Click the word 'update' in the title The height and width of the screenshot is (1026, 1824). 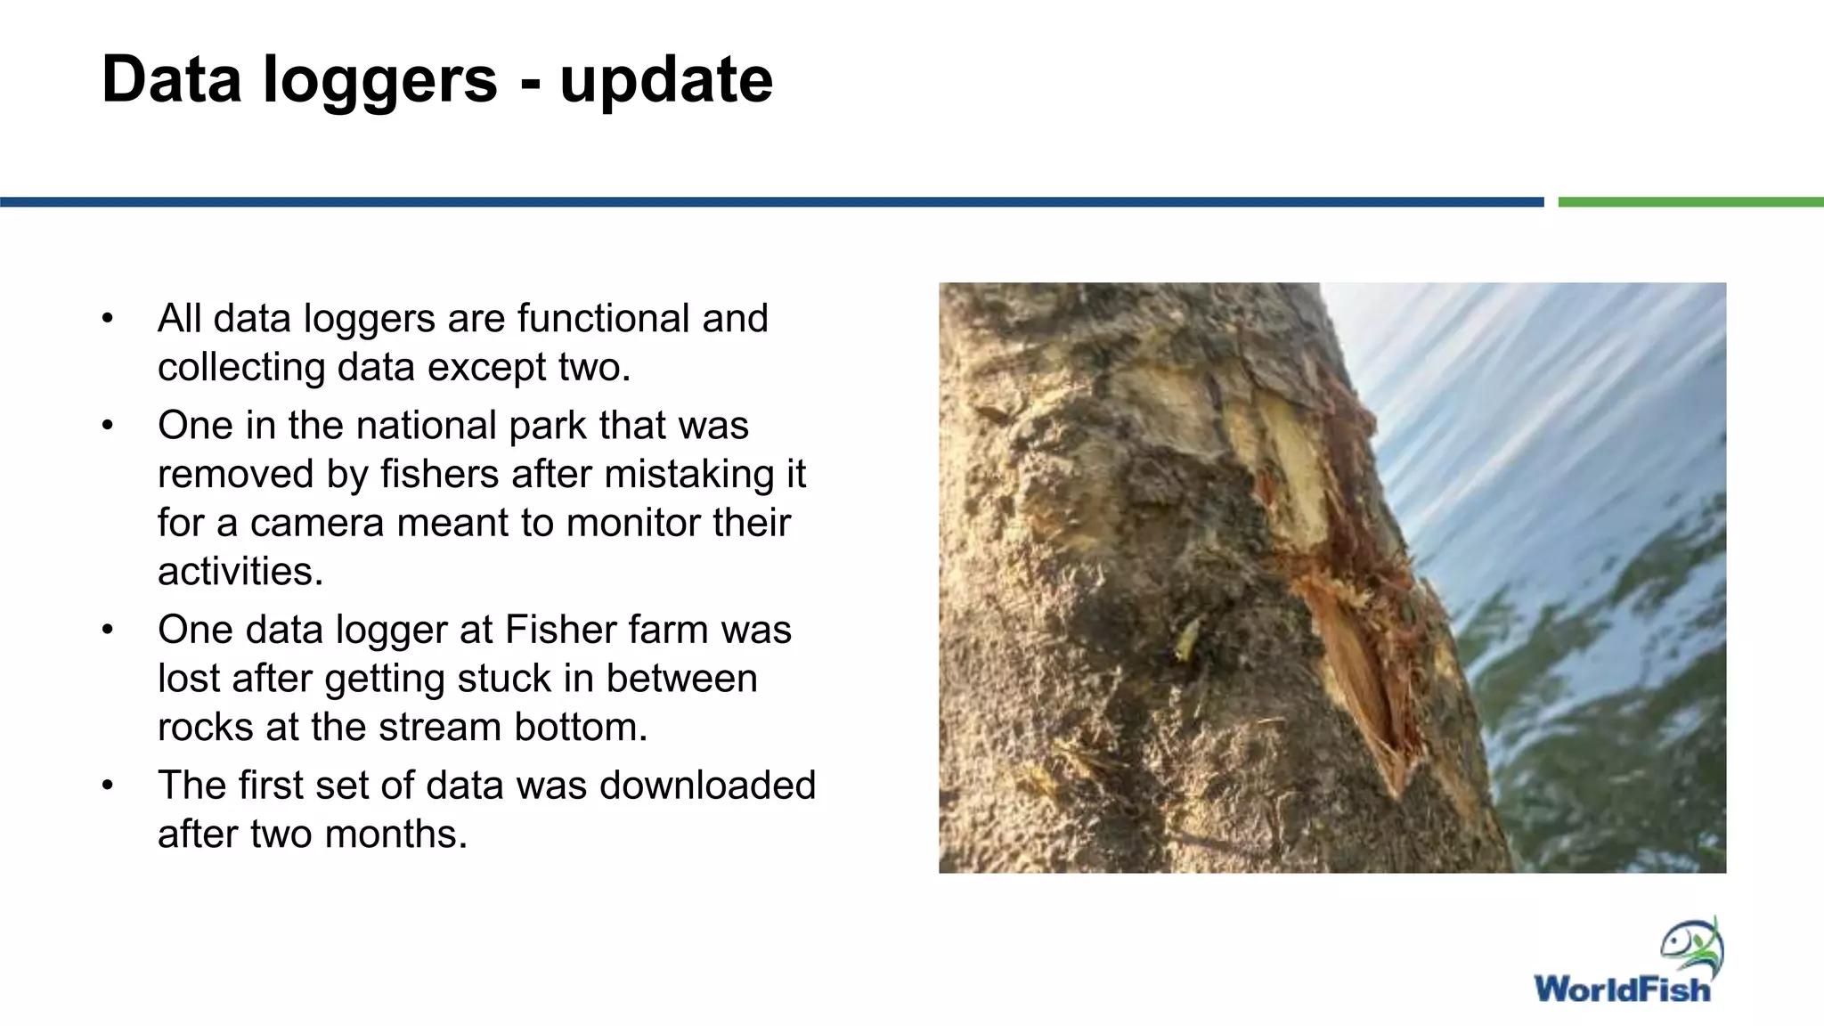666,80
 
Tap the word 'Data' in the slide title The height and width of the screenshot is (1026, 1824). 171,80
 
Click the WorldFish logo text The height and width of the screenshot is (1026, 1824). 1622,989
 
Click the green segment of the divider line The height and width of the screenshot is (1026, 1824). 1690,202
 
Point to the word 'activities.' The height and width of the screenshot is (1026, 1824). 240,572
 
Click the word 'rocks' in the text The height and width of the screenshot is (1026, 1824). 205,728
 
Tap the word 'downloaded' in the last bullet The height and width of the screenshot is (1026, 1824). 707,786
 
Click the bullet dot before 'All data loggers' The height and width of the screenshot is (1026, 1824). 108,318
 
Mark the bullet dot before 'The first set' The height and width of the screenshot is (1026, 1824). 108,786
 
